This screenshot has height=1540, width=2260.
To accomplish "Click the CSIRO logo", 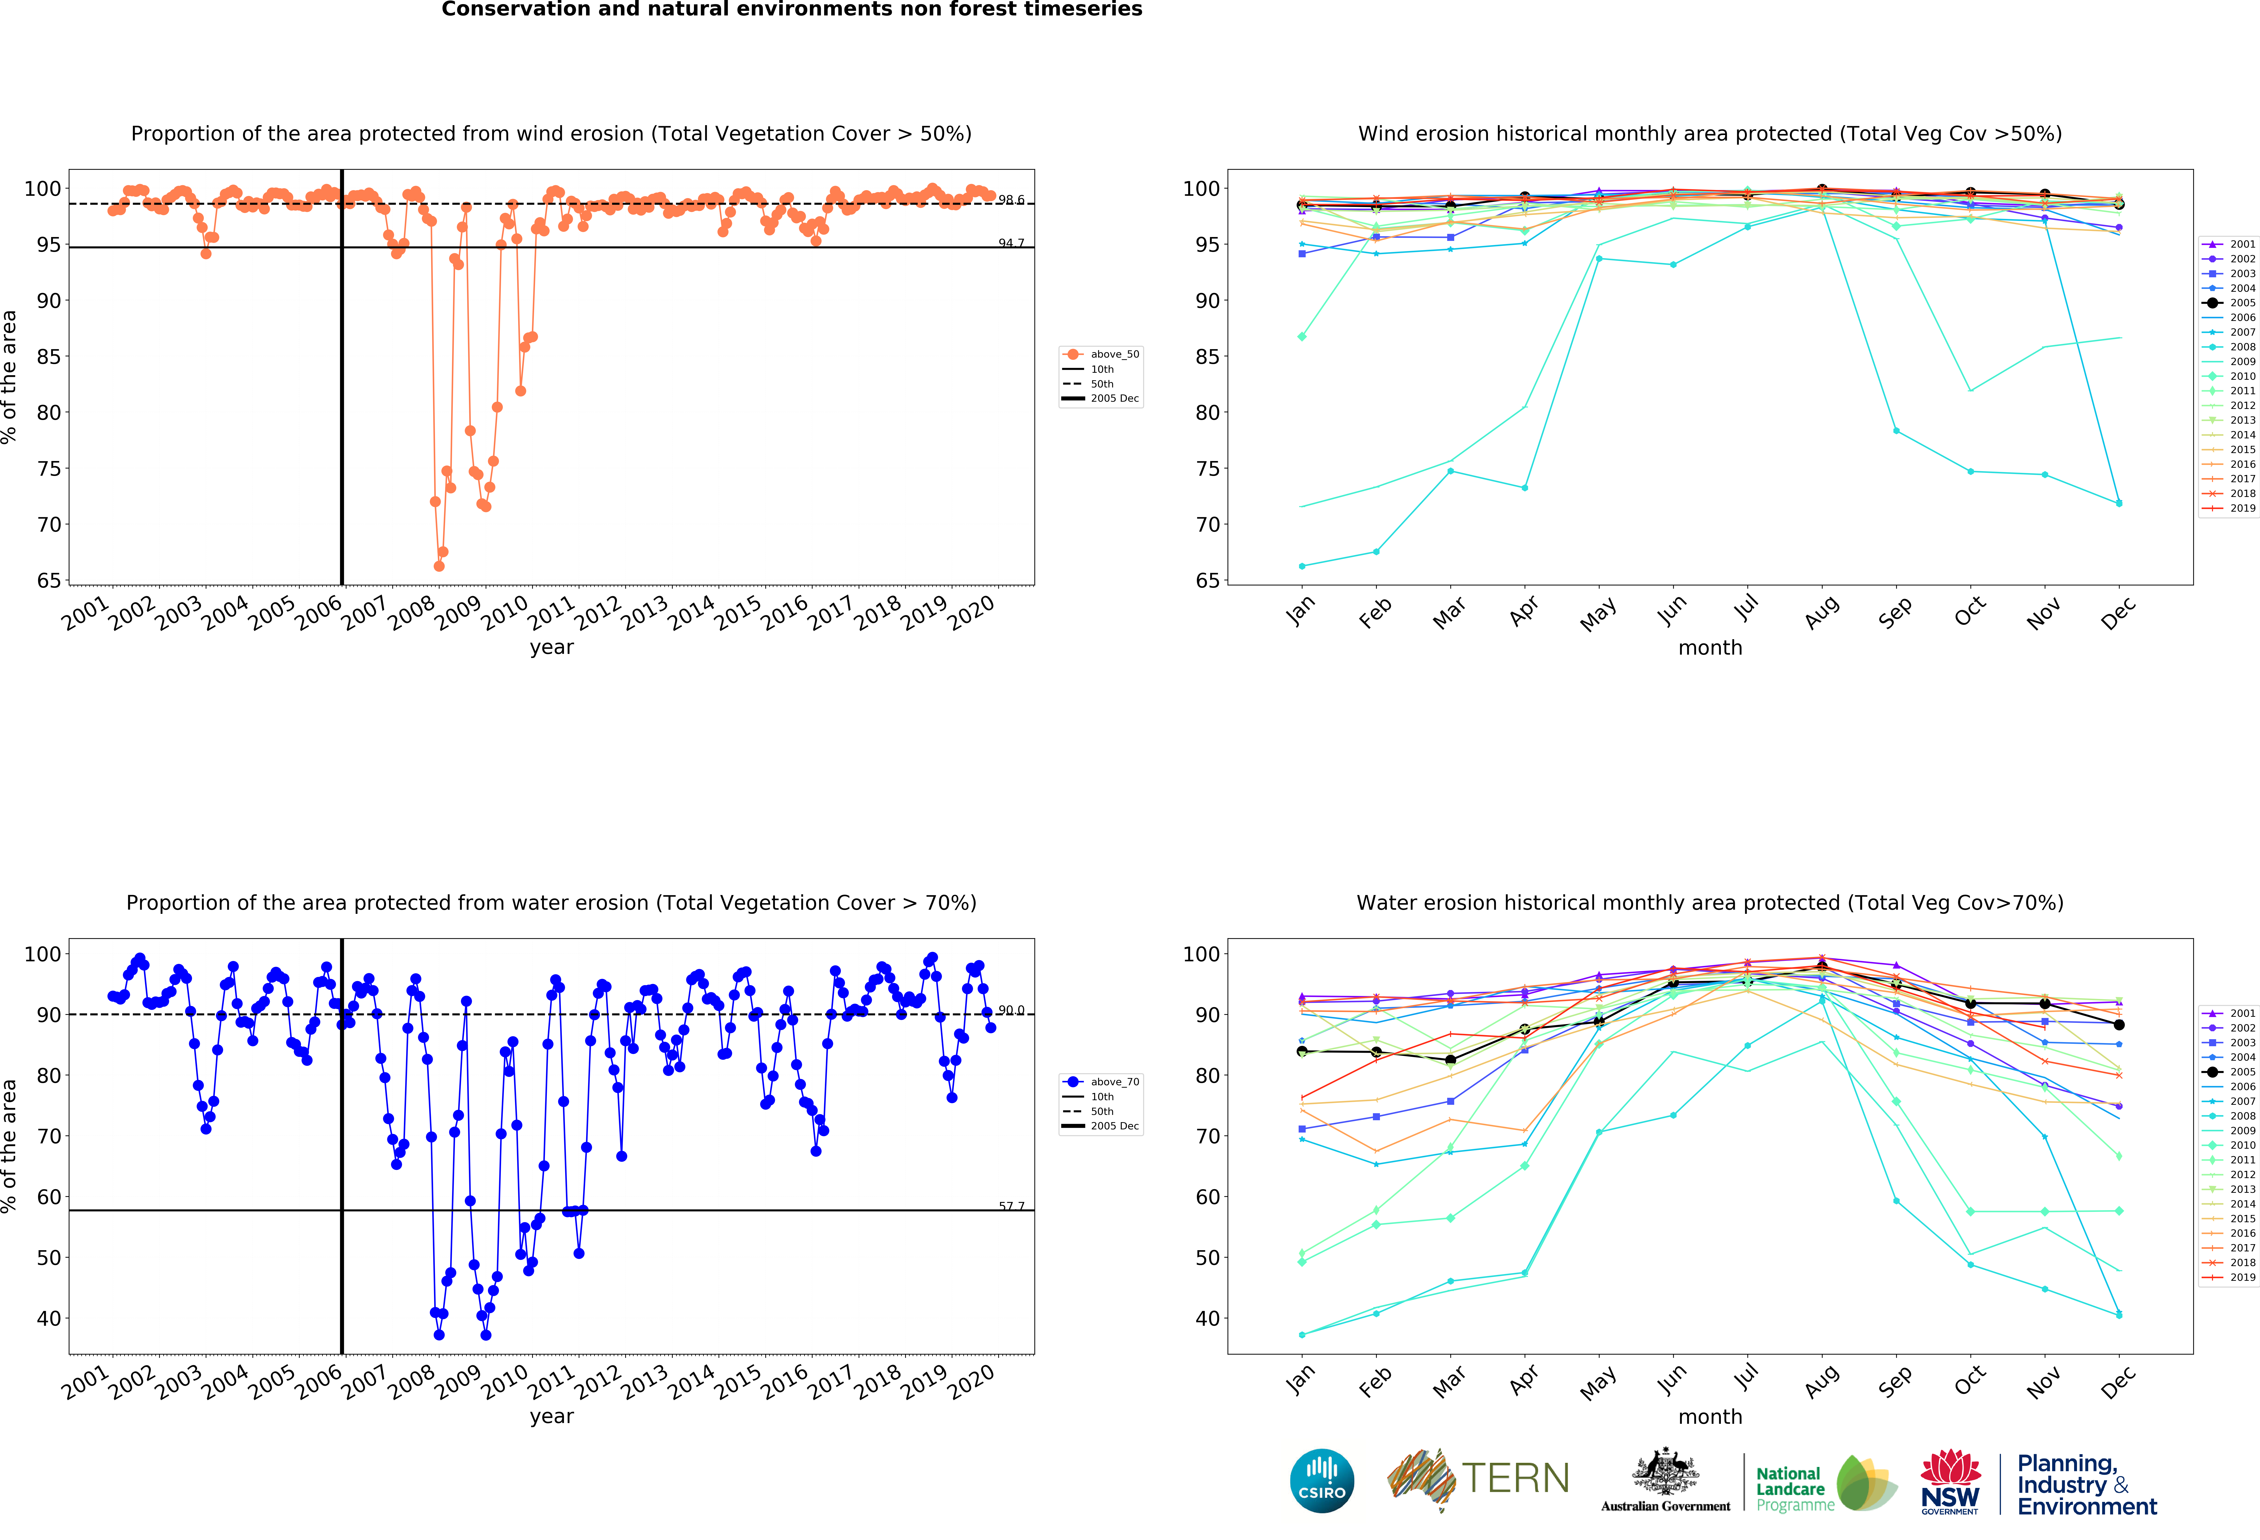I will click(1322, 1481).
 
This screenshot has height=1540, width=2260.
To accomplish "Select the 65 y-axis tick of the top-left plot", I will click(49, 580).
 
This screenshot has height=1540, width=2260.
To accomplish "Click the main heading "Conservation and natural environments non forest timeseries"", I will click(792, 10).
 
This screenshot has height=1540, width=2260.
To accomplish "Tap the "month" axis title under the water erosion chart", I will click(1710, 1417).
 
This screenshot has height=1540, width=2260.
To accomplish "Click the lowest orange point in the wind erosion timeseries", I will click(439, 566).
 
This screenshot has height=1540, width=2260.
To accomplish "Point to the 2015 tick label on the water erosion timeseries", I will click(738, 1381).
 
